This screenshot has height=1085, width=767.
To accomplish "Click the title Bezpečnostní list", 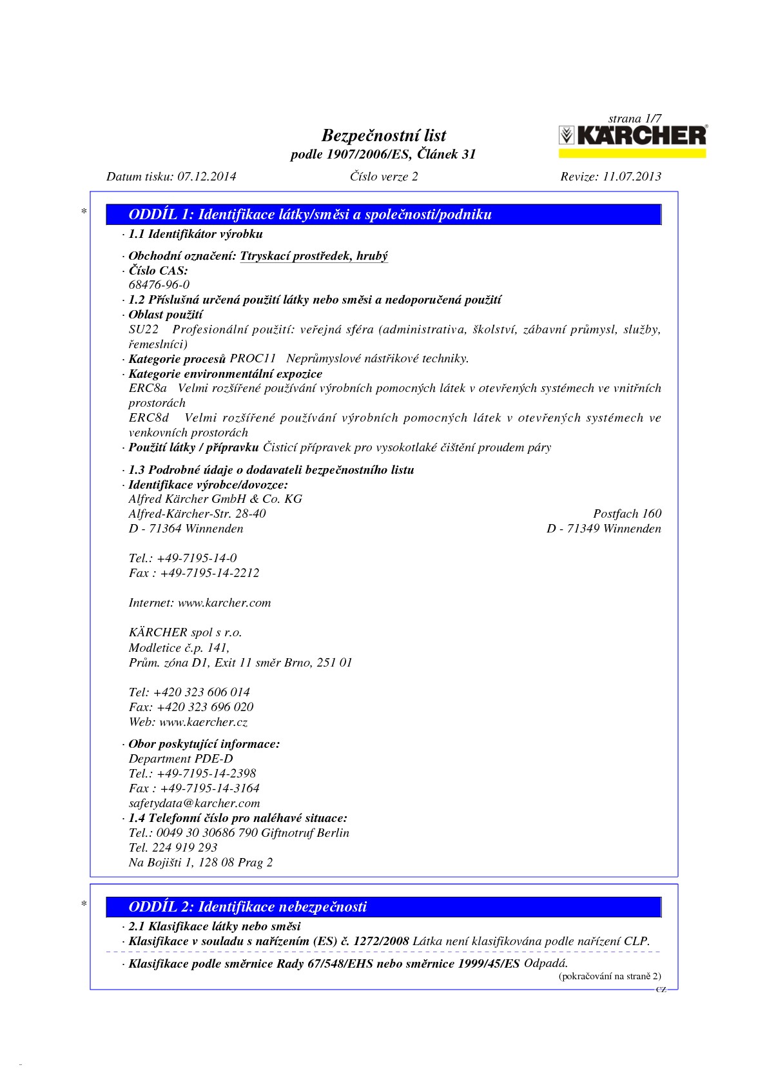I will [383, 135].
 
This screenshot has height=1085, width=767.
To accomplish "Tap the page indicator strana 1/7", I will [634, 119].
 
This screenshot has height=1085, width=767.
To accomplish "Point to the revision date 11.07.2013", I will [632, 176].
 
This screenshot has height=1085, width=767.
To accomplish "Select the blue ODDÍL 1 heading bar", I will [384, 215].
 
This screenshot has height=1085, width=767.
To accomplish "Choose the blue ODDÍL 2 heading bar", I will [384, 907].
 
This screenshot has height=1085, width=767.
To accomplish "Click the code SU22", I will [144, 330].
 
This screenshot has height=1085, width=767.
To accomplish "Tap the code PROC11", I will [253, 358].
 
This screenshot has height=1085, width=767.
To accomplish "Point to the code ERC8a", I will [148, 388].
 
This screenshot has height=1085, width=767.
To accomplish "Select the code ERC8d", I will [149, 418].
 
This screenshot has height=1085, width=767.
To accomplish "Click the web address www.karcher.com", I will [224, 603].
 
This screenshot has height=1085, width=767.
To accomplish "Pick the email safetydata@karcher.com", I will [195, 803].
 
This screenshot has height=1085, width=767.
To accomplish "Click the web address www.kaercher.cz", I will [204, 723].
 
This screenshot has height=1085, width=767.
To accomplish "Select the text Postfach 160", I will [627, 514].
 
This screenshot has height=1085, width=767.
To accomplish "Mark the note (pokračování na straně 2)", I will [609, 976].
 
